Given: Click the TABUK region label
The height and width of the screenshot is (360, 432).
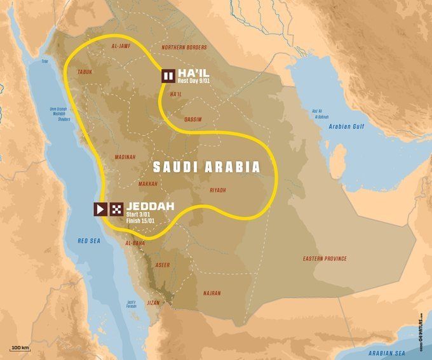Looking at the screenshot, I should (84, 72).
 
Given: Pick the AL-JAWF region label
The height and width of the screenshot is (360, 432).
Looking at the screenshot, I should (121, 47).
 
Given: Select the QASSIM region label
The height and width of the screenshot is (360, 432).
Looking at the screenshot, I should (192, 119).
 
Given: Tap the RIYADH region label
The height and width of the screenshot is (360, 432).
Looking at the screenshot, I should (217, 190).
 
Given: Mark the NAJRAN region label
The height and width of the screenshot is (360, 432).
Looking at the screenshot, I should (212, 293).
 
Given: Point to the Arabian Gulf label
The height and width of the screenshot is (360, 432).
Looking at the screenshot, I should (344, 126).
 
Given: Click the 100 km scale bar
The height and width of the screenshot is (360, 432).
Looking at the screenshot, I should (20, 348).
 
